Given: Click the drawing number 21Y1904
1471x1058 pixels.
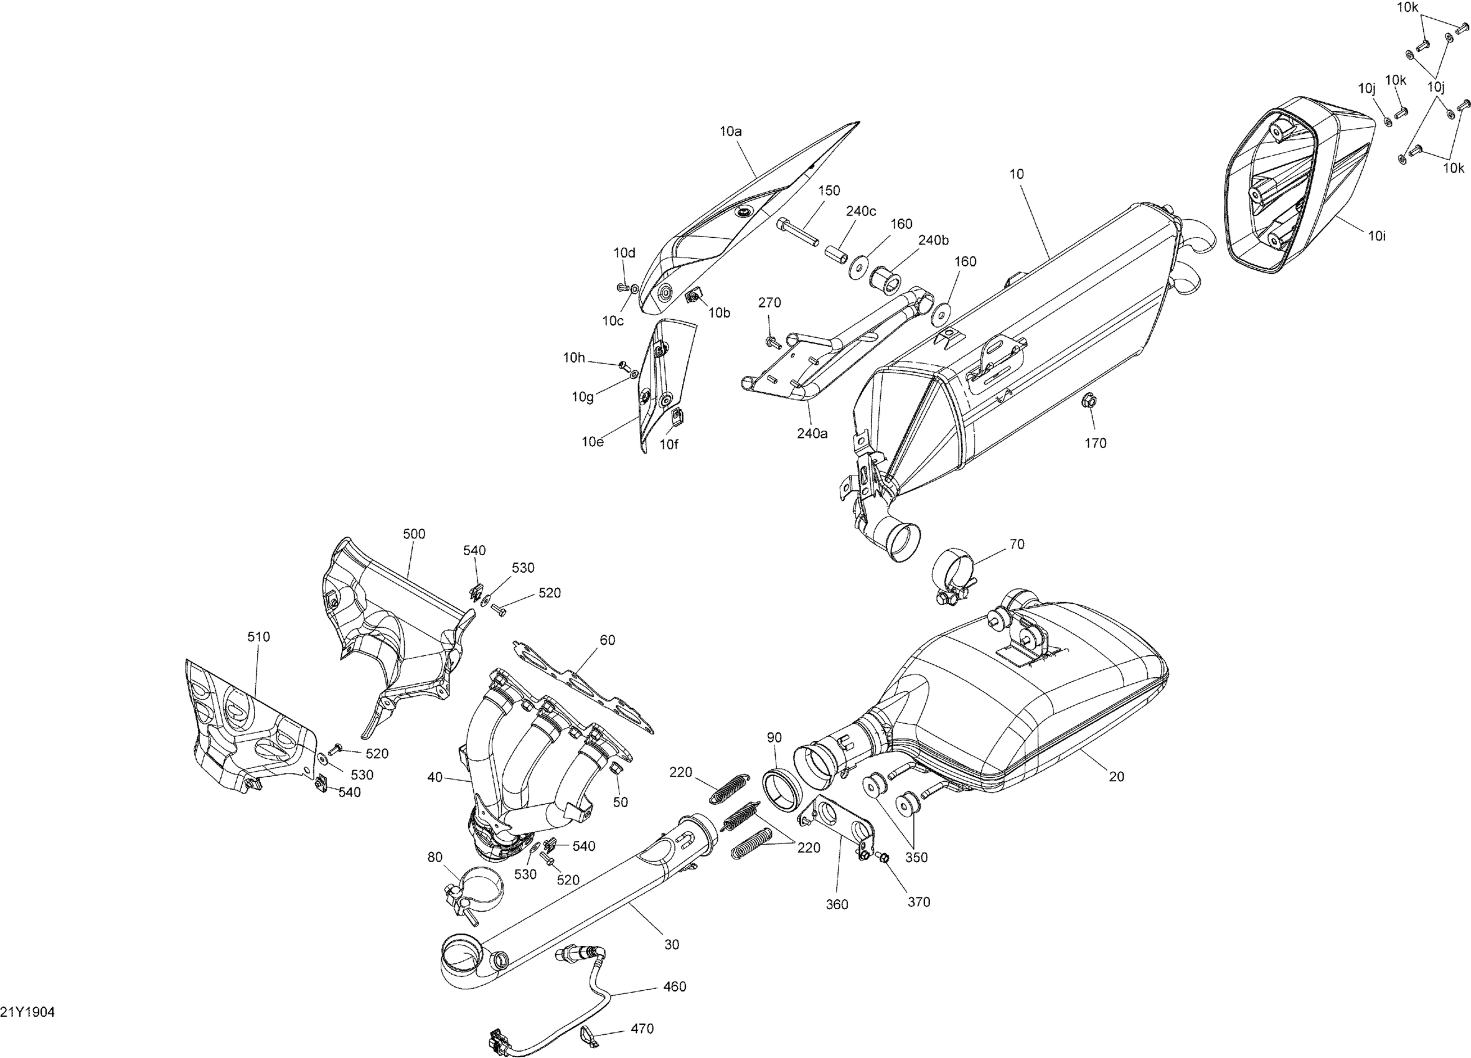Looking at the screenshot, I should [x=28, y=1013].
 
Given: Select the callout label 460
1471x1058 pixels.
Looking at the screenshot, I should [x=675, y=986].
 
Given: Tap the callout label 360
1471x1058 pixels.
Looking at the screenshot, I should [x=837, y=904].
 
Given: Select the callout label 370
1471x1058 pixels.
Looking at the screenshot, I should [x=919, y=902].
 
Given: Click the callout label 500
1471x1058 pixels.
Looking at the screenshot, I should [x=414, y=534].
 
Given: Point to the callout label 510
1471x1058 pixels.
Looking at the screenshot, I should [x=258, y=637].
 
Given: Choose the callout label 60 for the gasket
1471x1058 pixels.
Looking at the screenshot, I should [x=607, y=640].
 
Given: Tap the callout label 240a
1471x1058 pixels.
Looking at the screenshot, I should [x=812, y=434].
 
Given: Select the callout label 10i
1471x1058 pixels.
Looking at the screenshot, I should [x=1377, y=236].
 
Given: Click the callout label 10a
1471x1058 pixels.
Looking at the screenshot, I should [x=731, y=131].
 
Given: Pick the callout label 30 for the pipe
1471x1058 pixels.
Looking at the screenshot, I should [x=672, y=945].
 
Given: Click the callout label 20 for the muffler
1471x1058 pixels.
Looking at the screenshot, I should [x=1116, y=777].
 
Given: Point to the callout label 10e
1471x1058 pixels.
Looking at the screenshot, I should [x=592, y=442].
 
